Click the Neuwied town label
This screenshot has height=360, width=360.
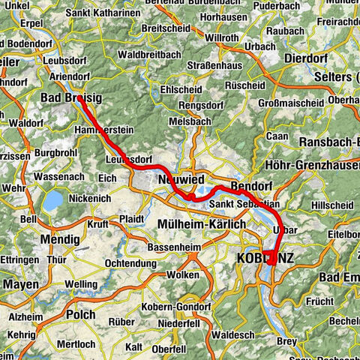tap(178, 181)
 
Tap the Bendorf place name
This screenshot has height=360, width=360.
tap(251, 184)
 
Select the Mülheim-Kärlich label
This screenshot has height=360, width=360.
tap(201, 225)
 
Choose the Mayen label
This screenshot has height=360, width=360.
tap(21, 285)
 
